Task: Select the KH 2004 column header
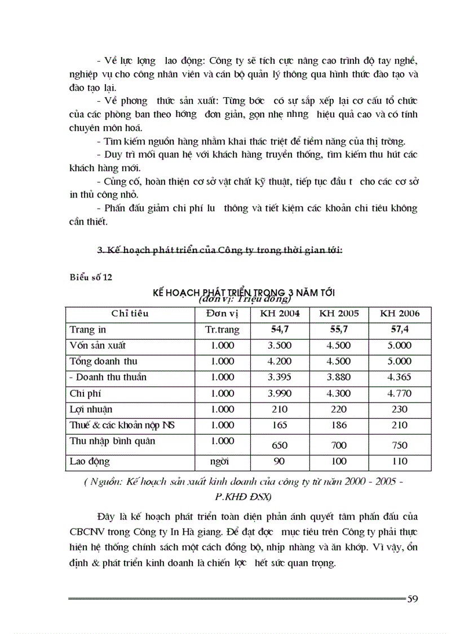pyautogui.click(x=280, y=314)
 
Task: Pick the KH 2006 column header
pyautogui.click(x=399, y=314)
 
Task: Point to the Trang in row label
pyautogui.click(x=88, y=330)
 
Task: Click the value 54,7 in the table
pyautogui.click(x=280, y=330)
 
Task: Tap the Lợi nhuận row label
pyautogui.click(x=91, y=409)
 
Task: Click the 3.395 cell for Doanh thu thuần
pyautogui.click(x=280, y=378)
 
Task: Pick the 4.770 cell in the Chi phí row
pyautogui.click(x=399, y=393)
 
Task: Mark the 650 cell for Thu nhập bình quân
pyautogui.click(x=280, y=445)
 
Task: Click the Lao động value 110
pyautogui.click(x=399, y=461)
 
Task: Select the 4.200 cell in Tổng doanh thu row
pyautogui.click(x=280, y=362)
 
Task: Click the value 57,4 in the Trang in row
pyautogui.click(x=399, y=330)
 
